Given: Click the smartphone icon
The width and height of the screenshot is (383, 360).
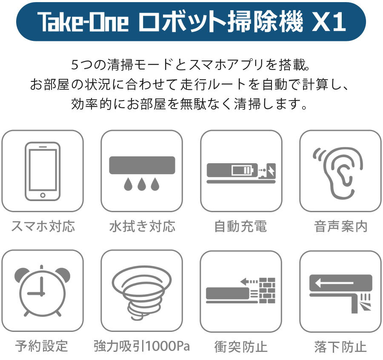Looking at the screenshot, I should [43, 171].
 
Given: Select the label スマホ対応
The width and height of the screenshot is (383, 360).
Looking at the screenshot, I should [43, 226].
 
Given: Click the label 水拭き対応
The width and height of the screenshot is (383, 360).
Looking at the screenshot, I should [142, 226].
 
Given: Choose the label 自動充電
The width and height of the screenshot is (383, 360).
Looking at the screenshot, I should [240, 226].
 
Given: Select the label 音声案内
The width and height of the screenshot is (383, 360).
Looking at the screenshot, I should [340, 226].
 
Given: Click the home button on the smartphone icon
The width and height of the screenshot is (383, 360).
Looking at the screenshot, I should [43, 195].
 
